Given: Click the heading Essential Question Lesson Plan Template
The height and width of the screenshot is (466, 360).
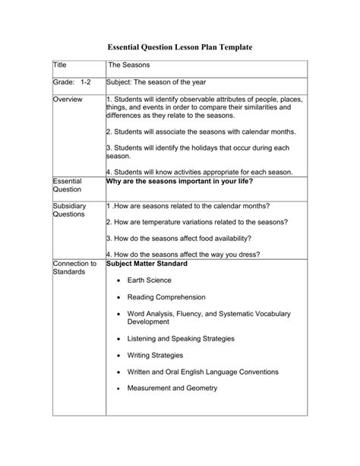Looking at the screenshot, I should pyautogui.click(x=179, y=47).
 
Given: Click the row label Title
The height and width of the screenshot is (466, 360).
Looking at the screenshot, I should pyautogui.click(x=60, y=67).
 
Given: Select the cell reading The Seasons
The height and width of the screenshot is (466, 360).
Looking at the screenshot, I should pyautogui.click(x=129, y=67).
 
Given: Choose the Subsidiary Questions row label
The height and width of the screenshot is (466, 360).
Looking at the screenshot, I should pyautogui.click(x=71, y=210).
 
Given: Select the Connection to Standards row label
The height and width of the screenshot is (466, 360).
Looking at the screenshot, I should pyautogui.click(x=74, y=268).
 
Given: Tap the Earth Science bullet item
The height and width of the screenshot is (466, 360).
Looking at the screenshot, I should pyautogui.click(x=149, y=281).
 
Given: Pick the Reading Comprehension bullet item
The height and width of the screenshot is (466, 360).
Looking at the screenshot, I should pyautogui.click(x=166, y=297).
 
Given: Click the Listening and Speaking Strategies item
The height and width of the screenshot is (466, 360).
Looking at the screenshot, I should pyautogui.click(x=181, y=338).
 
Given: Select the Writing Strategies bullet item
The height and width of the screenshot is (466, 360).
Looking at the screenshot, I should pyautogui.click(x=159, y=354).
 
